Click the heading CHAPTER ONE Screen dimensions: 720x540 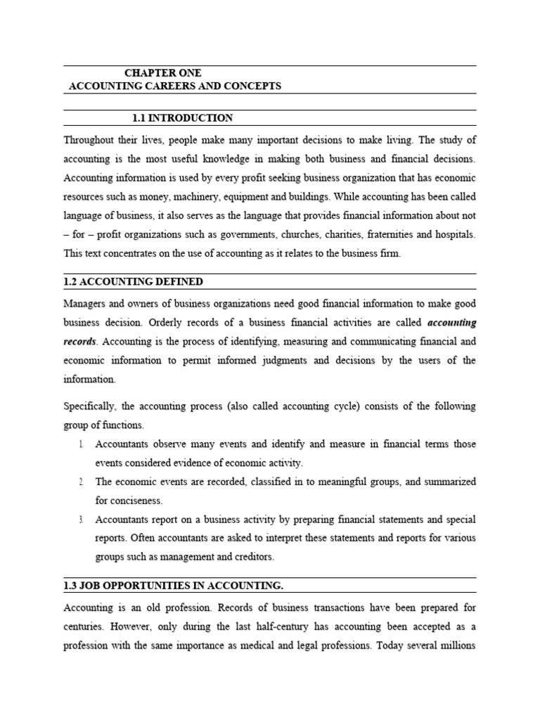[x=162, y=72]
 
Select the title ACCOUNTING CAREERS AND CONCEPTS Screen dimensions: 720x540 [x=174, y=86]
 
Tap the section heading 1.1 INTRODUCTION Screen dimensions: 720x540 [x=182, y=117]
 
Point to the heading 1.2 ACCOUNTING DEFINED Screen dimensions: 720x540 [x=133, y=281]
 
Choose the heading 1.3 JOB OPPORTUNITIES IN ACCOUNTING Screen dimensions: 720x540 [x=174, y=586]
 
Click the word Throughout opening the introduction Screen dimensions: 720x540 [x=90, y=140]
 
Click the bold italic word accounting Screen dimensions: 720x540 [x=452, y=323]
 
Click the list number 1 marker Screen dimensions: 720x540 [x=81, y=444]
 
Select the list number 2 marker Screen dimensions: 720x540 [x=81, y=482]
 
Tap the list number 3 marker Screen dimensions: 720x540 [x=81, y=520]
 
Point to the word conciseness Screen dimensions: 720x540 [x=129, y=501]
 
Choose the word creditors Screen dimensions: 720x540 [x=251, y=557]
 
